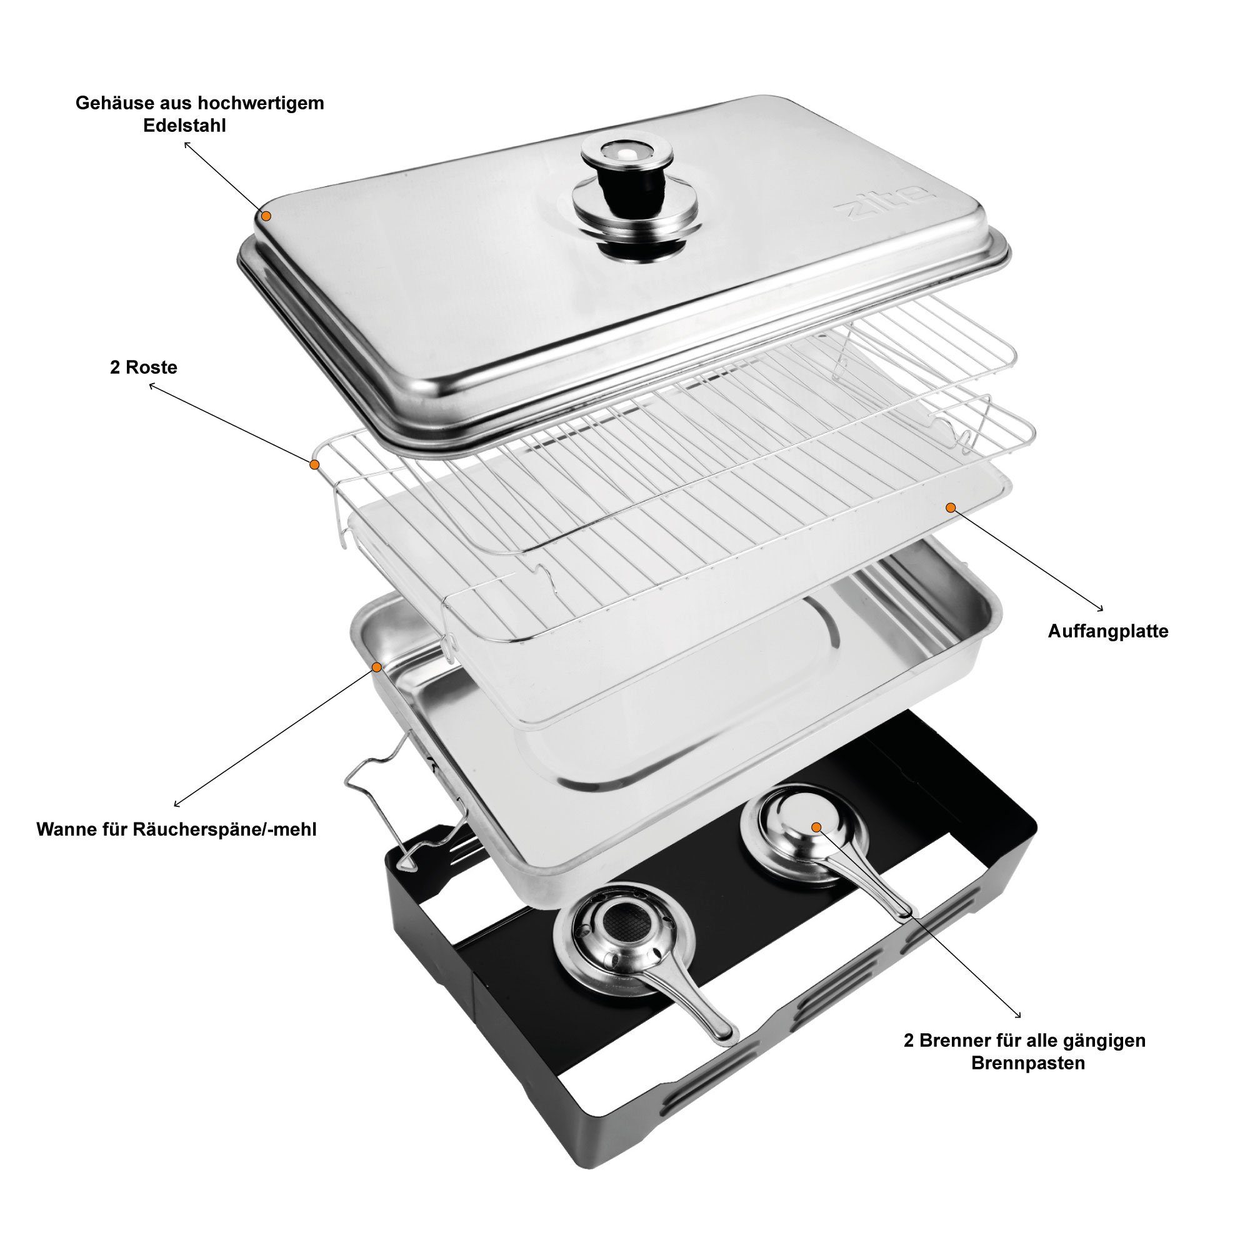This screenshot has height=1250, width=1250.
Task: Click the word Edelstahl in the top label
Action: click(184, 126)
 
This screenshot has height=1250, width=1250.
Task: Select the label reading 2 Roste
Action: click(143, 367)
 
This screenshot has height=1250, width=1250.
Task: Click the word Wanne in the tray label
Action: click(67, 829)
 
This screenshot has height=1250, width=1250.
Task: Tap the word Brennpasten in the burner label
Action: click(1029, 1063)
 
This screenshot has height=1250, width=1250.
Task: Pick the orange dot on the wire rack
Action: click(314, 464)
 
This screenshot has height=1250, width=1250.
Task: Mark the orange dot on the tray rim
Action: click(376, 666)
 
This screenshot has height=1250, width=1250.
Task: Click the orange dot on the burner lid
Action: click(816, 827)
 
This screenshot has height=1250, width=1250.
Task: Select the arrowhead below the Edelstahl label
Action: click(187, 146)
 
